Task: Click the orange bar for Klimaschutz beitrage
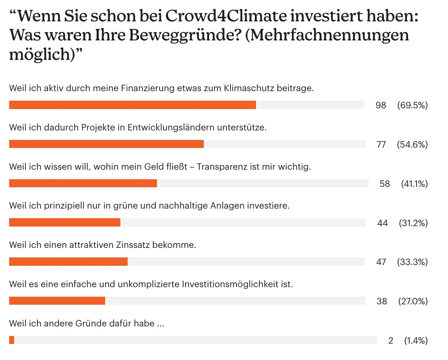tap(132, 105)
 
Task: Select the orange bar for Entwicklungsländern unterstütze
tap(106, 144)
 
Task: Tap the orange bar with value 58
tap(83, 183)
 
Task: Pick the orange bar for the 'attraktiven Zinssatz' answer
tap(68, 262)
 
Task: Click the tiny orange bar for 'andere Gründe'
tap(11, 340)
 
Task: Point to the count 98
tap(381, 105)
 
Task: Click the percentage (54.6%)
tap(412, 145)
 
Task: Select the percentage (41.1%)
tap(414, 184)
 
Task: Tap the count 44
tap(382, 223)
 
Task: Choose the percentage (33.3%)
tap(412, 262)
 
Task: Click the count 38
tap(382, 301)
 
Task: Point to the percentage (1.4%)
tap(416, 341)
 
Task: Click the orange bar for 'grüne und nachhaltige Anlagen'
tap(65, 222)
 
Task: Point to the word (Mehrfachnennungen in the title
tap(326, 35)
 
